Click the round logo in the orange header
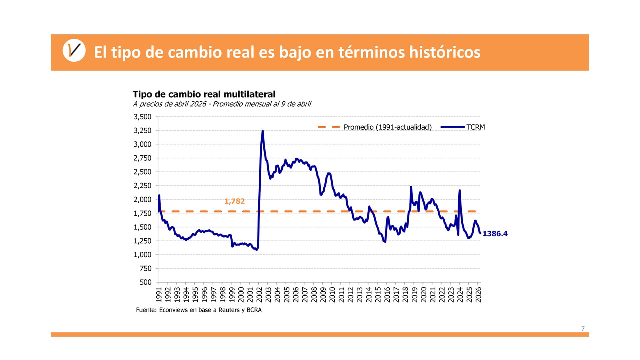74,51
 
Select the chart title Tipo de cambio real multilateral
204,94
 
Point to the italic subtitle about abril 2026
222,104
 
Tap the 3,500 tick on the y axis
142,117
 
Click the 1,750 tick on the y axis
142,213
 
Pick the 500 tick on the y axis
145,282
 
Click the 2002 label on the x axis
259,295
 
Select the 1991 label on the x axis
159,295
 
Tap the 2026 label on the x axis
478,295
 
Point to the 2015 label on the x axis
378,295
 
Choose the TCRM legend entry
475,127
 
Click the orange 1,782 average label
234,201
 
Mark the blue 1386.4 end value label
495,234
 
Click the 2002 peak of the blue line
263,131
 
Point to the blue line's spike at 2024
460,190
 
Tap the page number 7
583,329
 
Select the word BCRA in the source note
254,310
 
